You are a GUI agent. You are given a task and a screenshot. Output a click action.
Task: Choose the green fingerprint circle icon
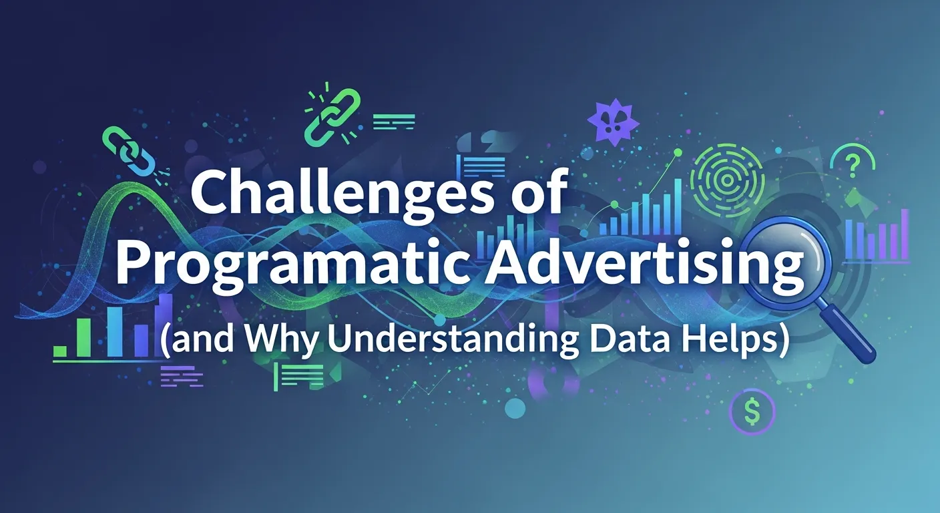718,173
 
